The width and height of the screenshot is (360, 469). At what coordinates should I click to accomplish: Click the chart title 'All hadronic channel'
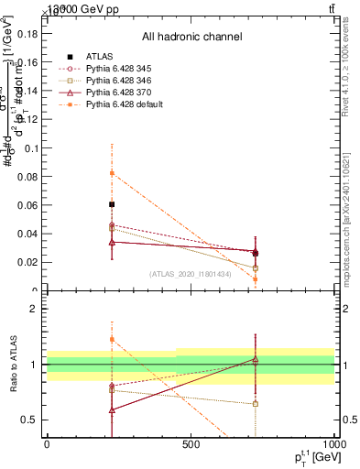pyautogui.click(x=191, y=37)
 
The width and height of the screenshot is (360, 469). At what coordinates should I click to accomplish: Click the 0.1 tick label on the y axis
pyautogui.click(x=30, y=147)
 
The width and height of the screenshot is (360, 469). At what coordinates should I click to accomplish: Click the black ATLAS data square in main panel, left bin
pyautogui.click(x=112, y=204)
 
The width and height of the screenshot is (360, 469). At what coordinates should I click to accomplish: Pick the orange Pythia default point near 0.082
pyautogui.click(x=112, y=173)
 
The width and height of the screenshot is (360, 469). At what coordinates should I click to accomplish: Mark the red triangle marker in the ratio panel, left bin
pyautogui.click(x=112, y=409)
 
